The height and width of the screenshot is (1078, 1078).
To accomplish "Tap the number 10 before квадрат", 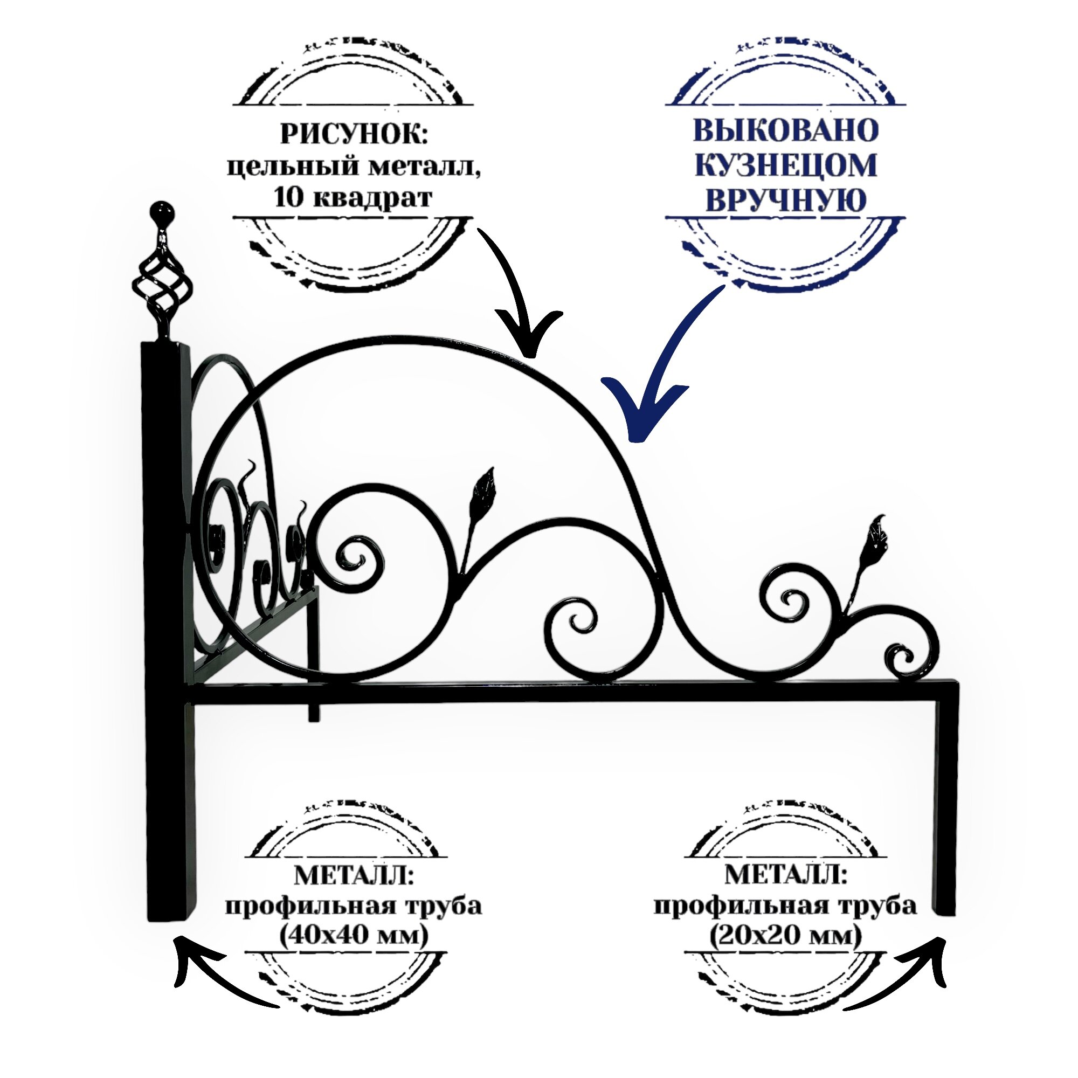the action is point(287,198).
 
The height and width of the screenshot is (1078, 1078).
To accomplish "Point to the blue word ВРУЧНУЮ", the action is point(786,201).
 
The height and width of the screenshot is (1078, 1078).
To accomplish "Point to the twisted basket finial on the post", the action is point(162,285).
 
